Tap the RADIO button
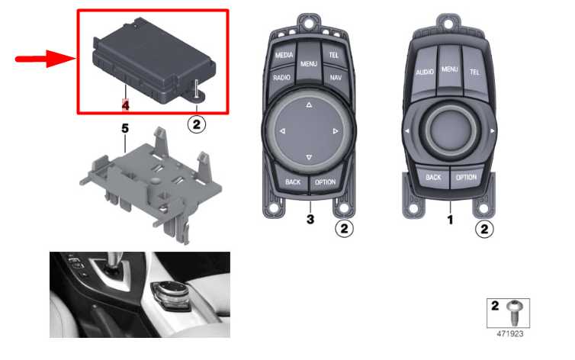[281, 78]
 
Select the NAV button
[334, 78]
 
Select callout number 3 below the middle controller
[310, 219]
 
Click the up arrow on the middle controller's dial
[308, 105]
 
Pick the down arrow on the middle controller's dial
[308, 157]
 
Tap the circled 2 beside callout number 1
[484, 227]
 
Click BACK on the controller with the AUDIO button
[433, 177]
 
